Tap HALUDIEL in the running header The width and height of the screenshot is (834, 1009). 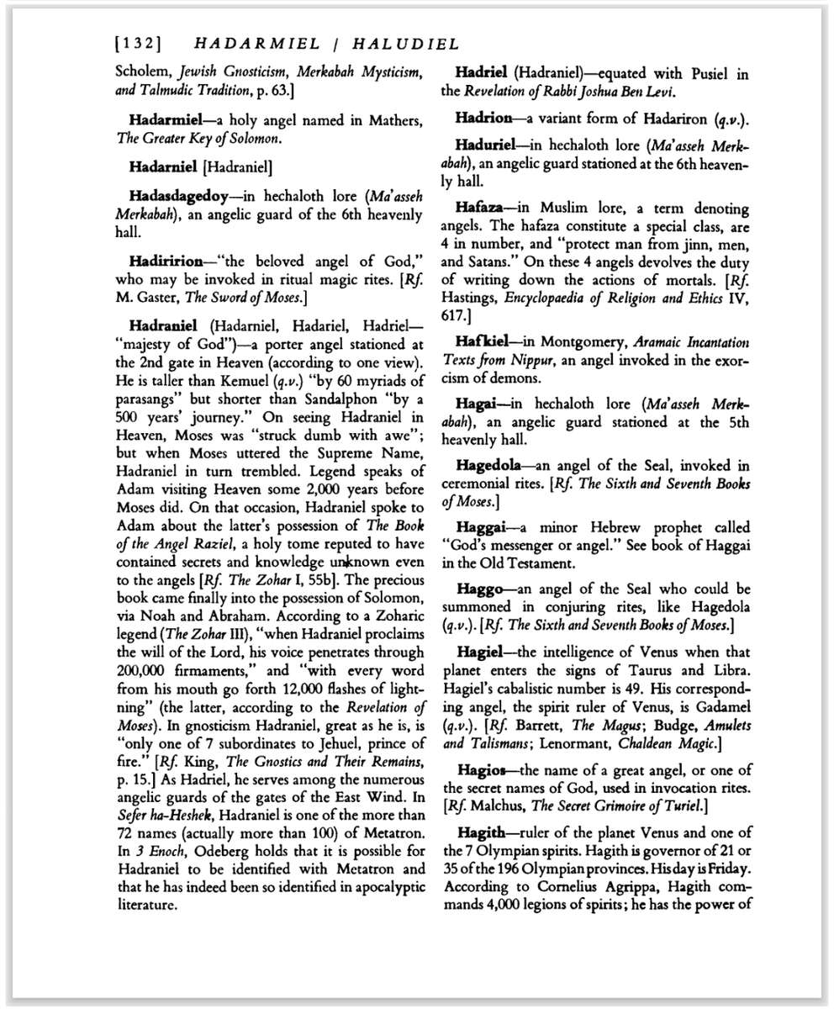(x=406, y=44)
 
